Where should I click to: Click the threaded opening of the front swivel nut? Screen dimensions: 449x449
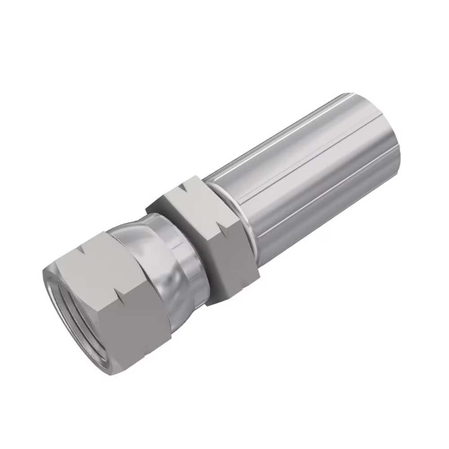[76, 310]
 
